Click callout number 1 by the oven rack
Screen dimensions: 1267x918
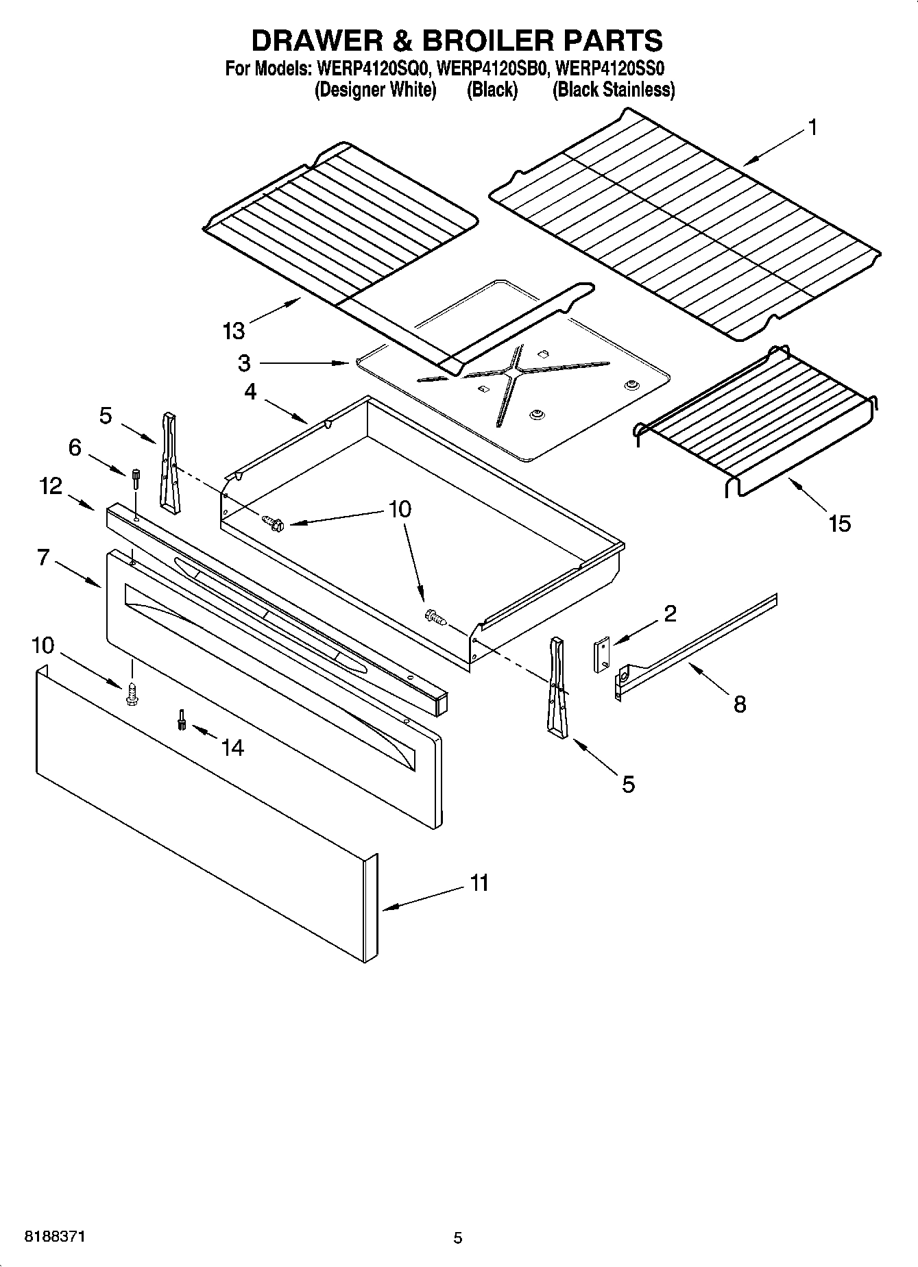pyautogui.click(x=812, y=127)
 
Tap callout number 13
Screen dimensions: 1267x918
pyautogui.click(x=233, y=331)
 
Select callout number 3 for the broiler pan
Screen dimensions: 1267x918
pyautogui.click(x=244, y=362)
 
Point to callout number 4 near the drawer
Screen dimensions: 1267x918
pyautogui.click(x=250, y=391)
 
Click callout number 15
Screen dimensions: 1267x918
pyautogui.click(x=839, y=524)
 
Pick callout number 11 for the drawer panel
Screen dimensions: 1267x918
pyautogui.click(x=479, y=883)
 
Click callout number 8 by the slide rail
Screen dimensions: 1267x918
pyautogui.click(x=739, y=704)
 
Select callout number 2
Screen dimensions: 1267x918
pyautogui.click(x=670, y=613)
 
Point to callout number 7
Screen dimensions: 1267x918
pyautogui.click(x=43, y=558)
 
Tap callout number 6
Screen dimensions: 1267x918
pyautogui.click(x=75, y=447)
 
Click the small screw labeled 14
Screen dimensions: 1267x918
pyautogui.click(x=182, y=719)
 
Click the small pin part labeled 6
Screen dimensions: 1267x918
pyautogui.click(x=136, y=478)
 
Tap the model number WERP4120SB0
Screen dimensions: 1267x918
pyautogui.click(x=492, y=69)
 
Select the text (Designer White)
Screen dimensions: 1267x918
pyautogui.click(x=375, y=90)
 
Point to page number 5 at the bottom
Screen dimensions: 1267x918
pyautogui.click(x=458, y=1238)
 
